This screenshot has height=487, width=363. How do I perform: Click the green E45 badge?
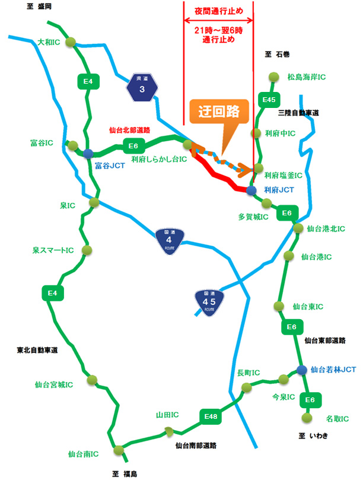tap(268, 100)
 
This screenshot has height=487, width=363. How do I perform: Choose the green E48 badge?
tap(211, 417)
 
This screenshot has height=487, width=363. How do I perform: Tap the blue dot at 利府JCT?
tap(251, 190)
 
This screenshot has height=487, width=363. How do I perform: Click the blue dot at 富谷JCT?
tap(88, 153)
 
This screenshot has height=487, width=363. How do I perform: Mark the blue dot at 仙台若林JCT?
tap(302, 370)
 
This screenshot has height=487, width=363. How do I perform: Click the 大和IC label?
tap(49, 42)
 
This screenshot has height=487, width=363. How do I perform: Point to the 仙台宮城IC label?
tap(53, 384)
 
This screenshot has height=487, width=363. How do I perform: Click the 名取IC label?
tap(337, 418)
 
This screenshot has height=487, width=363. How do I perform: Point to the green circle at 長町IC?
tap(246, 388)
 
